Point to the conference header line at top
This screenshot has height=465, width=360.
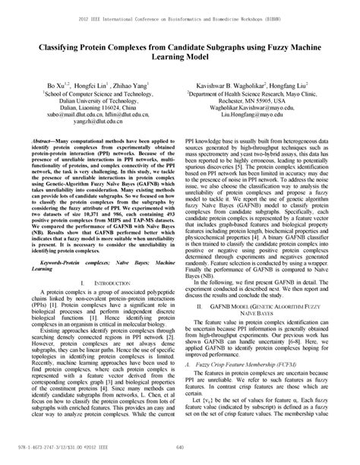180,14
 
